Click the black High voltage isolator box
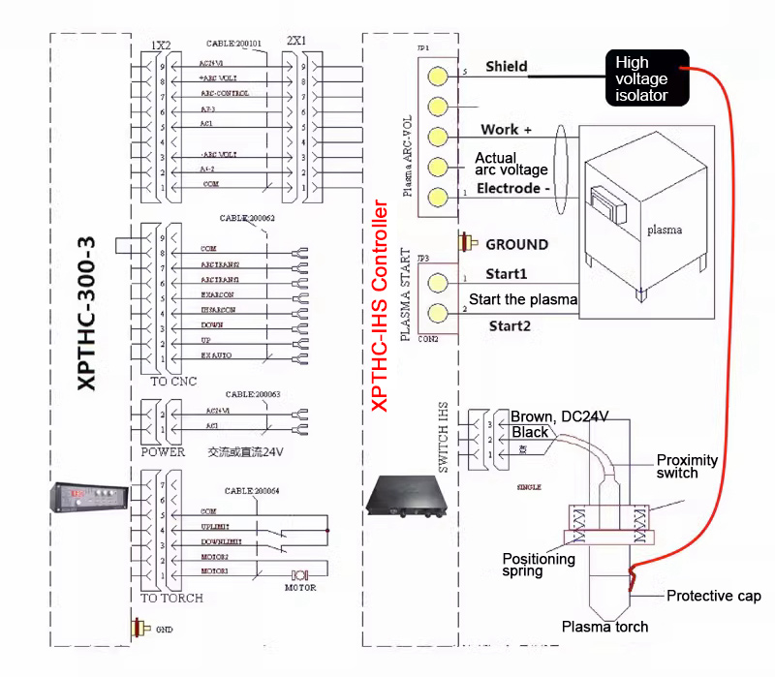pyautogui.click(x=646, y=77)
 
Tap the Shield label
pyautogui.click(x=507, y=67)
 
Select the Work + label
pyautogui.click(x=506, y=129)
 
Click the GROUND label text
pyautogui.click(x=516, y=244)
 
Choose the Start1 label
pyautogui.click(x=508, y=274)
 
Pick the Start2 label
pyautogui.click(x=510, y=325)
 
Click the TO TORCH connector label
pyautogui.click(x=171, y=598)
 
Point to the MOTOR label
pyautogui.click(x=300, y=588)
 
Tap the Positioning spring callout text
pyautogui.click(x=539, y=565)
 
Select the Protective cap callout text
pyautogui.click(x=714, y=596)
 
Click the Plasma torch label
pyautogui.click(x=605, y=627)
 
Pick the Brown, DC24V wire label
pyautogui.click(x=560, y=416)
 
